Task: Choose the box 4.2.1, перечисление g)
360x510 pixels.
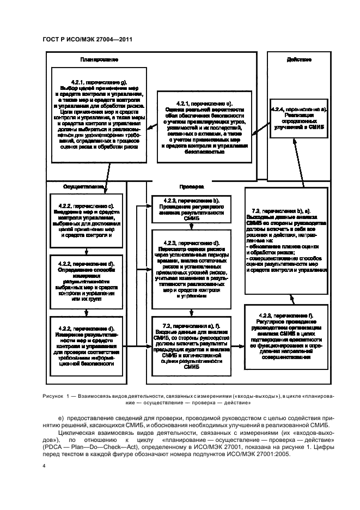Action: (x=99, y=114)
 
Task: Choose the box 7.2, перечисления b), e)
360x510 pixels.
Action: (x=286, y=239)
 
